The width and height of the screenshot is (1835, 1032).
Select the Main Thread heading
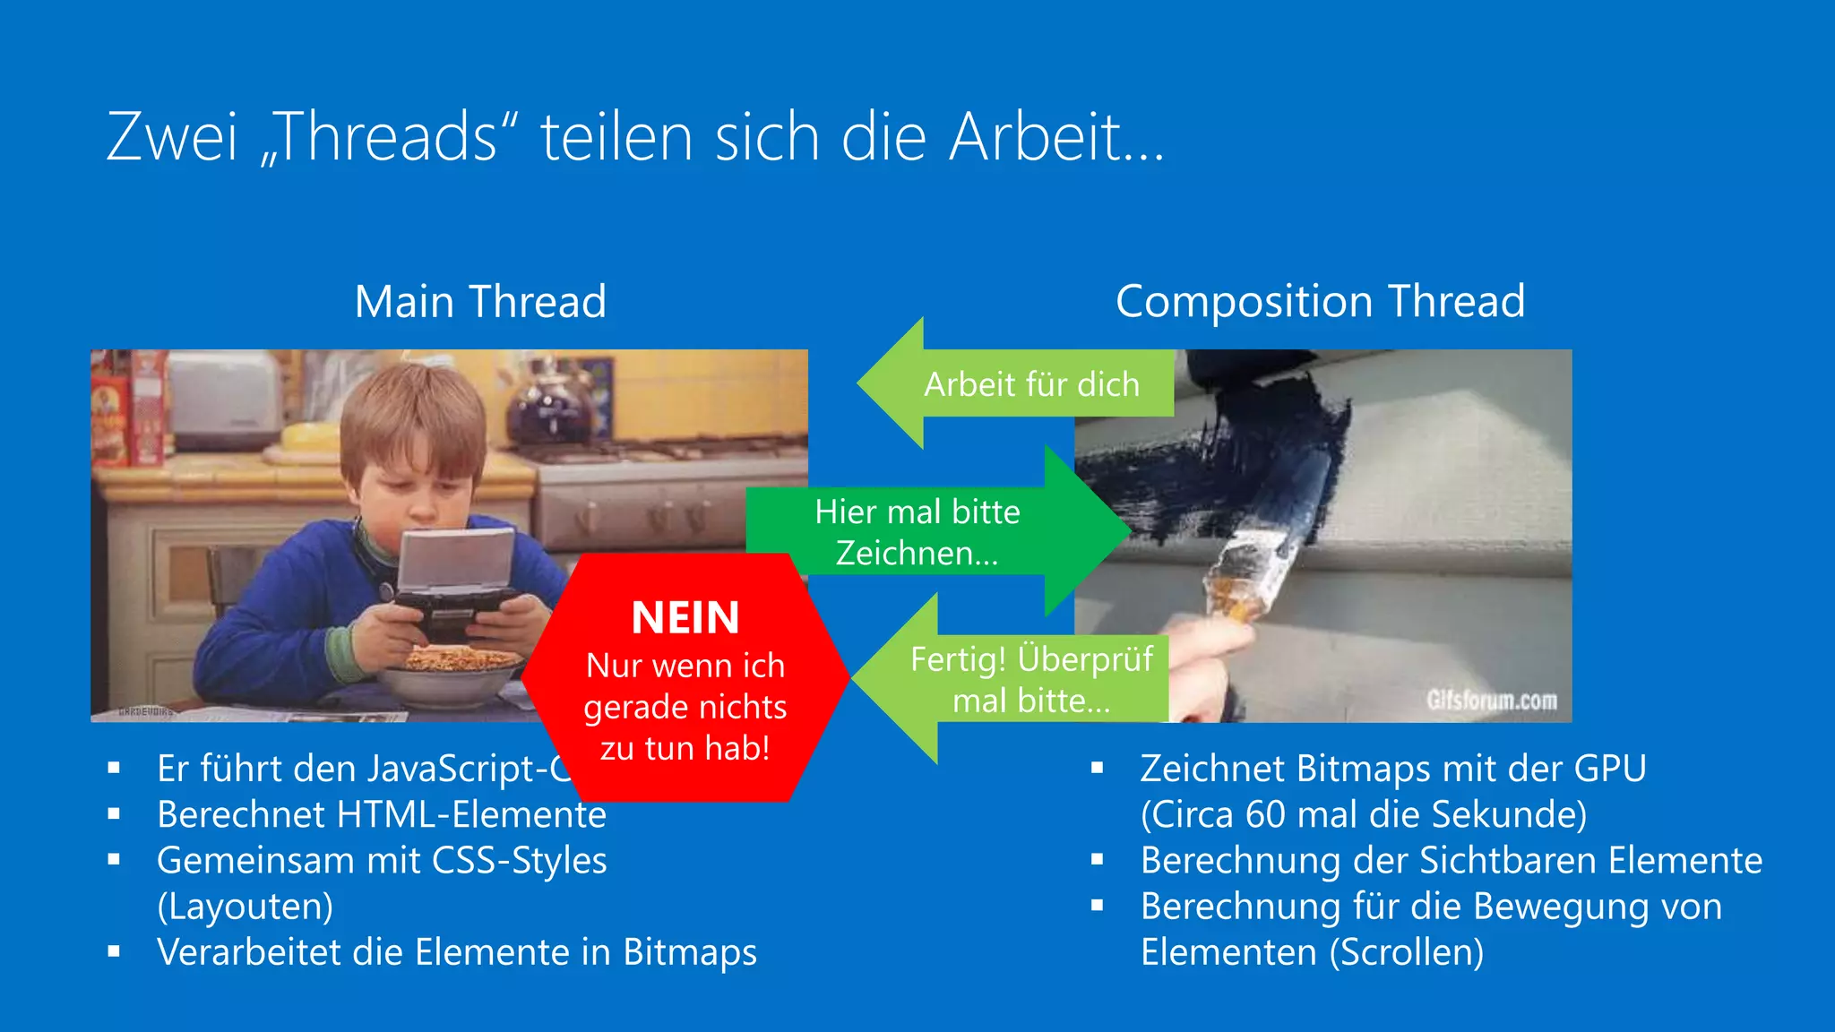[480, 301]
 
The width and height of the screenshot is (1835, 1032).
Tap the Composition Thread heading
[1320, 301]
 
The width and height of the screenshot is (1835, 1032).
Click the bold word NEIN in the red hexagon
[685, 618]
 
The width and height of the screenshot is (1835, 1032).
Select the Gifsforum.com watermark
[1492, 701]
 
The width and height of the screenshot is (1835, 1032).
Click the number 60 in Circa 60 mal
[1265, 814]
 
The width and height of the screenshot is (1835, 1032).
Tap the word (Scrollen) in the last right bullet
[1406, 952]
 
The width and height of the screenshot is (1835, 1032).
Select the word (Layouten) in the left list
[245, 907]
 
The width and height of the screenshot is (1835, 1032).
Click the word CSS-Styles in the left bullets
[520, 861]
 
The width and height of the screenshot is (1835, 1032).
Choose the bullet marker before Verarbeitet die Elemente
[114, 952]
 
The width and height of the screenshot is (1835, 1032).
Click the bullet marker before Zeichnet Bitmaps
[1098, 768]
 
